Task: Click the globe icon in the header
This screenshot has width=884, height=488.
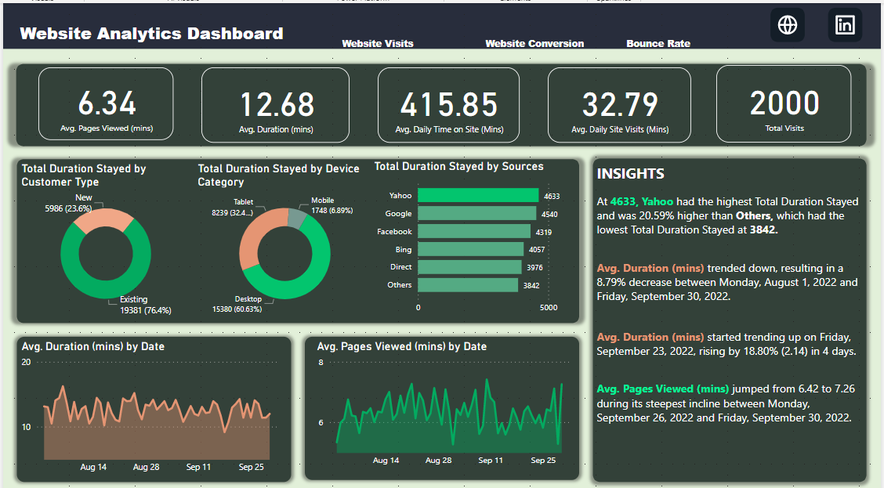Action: coord(788,25)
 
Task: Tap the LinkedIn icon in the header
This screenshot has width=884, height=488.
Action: coord(846,25)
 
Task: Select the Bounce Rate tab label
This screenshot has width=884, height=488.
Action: coord(658,44)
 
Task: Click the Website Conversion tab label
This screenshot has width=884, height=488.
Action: coord(534,44)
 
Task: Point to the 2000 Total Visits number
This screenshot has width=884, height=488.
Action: coord(784,103)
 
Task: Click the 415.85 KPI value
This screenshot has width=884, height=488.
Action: coord(449,105)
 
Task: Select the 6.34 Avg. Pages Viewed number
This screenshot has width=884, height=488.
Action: coord(107,103)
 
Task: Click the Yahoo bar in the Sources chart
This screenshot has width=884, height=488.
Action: coord(478,196)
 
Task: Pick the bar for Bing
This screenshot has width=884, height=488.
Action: coord(470,249)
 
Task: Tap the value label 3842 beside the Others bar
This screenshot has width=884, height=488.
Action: coord(531,286)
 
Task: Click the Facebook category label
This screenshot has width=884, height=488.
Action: coord(394,232)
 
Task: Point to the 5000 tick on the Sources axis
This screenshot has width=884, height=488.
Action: coord(549,308)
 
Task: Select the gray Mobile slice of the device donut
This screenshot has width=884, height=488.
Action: coord(296,217)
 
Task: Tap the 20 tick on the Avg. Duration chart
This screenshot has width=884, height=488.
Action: coord(26,363)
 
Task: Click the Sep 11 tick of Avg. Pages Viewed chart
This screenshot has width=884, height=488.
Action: coord(491,461)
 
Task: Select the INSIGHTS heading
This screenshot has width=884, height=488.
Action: coord(630,174)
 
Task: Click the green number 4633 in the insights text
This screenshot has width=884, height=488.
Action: coord(623,201)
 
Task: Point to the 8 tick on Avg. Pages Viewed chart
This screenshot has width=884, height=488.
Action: coord(321,363)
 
